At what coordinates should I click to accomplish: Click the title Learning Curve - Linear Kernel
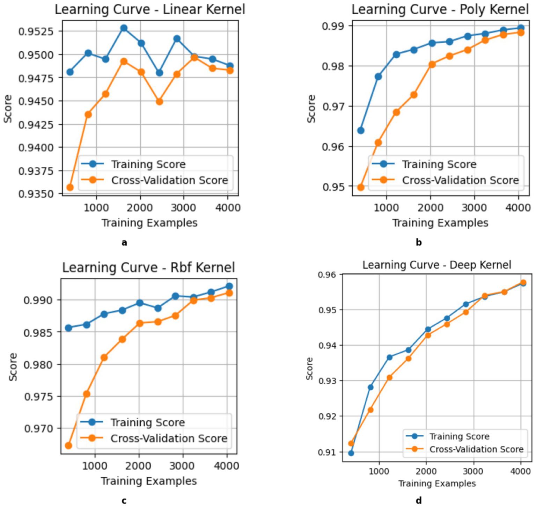point(150,9)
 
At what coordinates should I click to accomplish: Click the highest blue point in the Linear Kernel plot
point(124,28)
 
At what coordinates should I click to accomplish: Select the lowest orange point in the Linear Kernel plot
point(70,188)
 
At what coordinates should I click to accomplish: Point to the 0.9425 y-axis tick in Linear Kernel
point(36,124)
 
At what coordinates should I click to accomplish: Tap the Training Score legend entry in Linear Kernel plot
point(148,164)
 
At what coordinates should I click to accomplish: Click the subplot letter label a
point(124,242)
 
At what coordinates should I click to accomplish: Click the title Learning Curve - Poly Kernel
point(440,9)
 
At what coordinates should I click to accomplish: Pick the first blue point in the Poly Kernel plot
point(361,131)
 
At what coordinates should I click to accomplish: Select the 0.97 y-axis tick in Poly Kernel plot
point(333,106)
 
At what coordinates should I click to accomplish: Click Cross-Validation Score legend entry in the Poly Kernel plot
point(460,180)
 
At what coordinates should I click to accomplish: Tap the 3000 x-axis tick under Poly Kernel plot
point(474,208)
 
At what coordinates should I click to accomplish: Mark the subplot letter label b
point(419,242)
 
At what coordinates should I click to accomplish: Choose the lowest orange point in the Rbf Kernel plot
point(68,446)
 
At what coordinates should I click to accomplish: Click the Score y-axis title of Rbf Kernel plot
point(13,367)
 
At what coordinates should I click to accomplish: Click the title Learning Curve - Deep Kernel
point(436,265)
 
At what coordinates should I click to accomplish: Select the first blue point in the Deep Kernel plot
point(351,453)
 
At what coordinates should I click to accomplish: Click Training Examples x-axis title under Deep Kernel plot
point(437,484)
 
